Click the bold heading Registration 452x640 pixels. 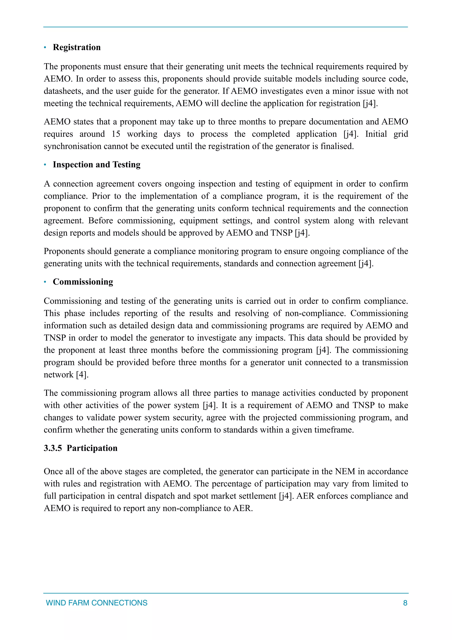[77, 47]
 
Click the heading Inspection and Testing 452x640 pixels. [96, 165]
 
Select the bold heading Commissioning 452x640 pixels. [83, 282]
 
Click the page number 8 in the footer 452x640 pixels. [405, 603]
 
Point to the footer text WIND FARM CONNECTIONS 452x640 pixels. [96, 603]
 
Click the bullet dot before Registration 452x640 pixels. [45, 48]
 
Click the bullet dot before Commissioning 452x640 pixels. [45, 282]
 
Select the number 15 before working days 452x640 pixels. [116, 134]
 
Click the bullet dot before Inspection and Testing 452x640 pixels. [45, 165]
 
